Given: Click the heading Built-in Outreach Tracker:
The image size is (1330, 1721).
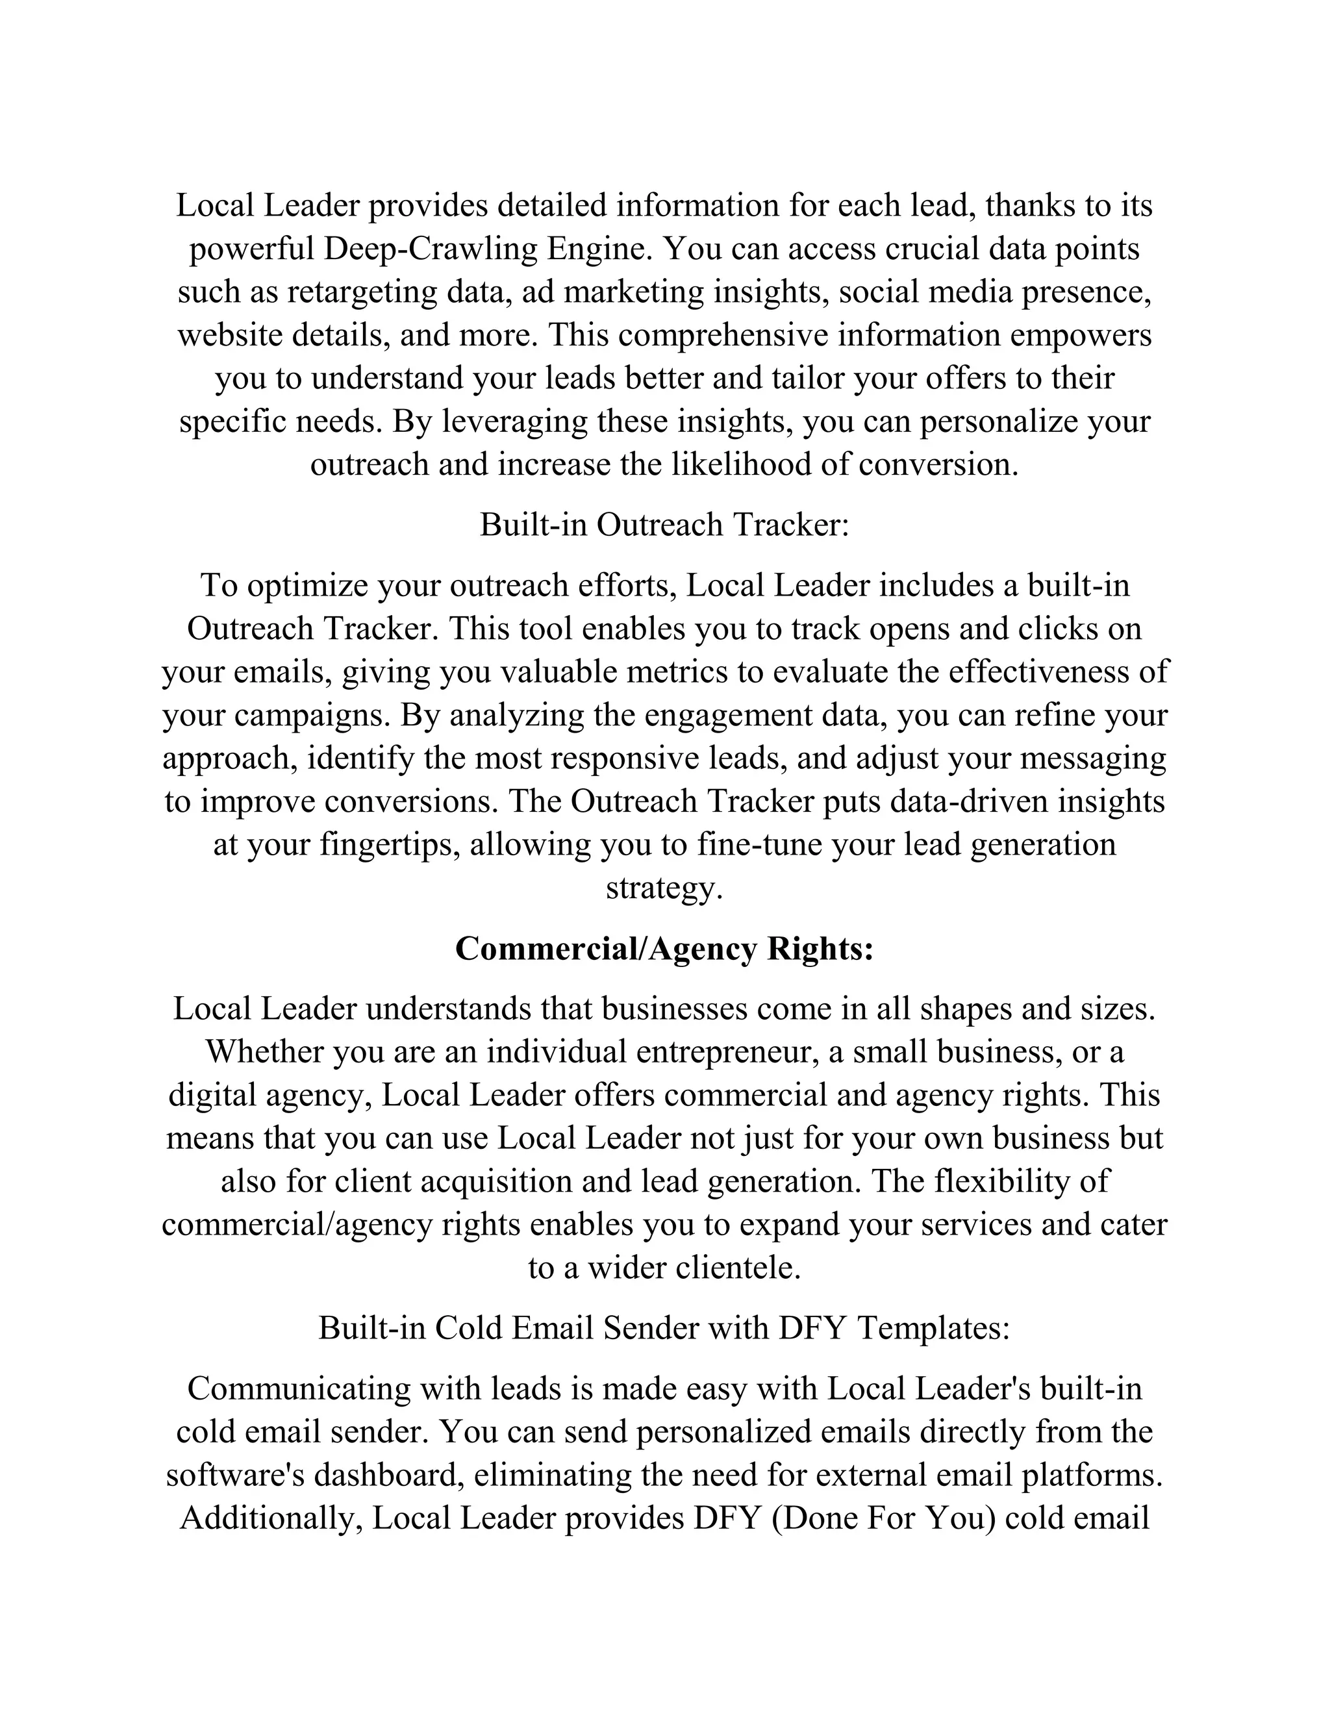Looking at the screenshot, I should [664, 525].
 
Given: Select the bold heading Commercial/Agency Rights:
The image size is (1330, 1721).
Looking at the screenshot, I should [664, 948].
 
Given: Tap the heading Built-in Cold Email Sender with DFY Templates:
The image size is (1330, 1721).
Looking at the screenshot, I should [664, 1328].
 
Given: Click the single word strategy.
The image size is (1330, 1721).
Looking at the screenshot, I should [664, 887].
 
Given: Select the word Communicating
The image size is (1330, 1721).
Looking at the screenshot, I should [299, 1388].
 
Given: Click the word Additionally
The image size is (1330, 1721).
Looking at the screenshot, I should [271, 1518].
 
